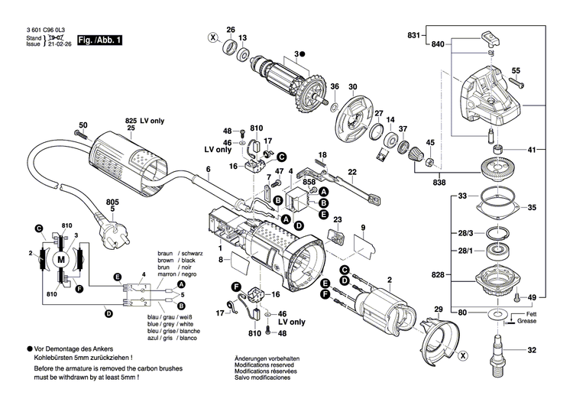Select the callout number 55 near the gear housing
coord(516,71)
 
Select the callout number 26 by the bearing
coord(230,30)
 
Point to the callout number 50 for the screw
coord(83,125)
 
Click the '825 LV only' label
coord(145,121)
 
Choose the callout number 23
coord(338,221)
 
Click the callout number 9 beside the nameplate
coord(364,228)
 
